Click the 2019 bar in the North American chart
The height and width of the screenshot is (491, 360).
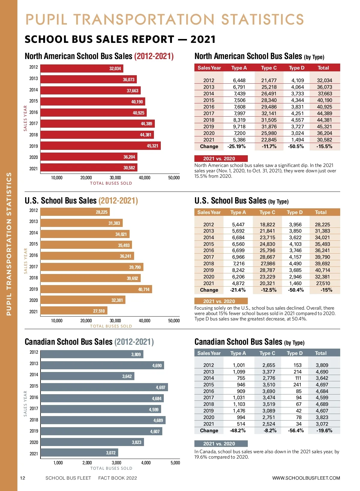click(x=100, y=146)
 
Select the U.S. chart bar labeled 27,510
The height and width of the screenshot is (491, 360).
click(x=74, y=311)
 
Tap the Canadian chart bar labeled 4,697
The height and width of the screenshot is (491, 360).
click(x=104, y=387)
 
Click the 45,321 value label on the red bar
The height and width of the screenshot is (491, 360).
click(x=152, y=146)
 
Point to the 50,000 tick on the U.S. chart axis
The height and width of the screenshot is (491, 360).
click(x=174, y=321)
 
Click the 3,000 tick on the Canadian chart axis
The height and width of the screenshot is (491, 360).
click(x=116, y=463)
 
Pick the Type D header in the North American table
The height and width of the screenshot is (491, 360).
click(x=296, y=68)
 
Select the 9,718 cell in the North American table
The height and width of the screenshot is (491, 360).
click(x=239, y=126)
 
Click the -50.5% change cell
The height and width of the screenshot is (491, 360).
click(x=296, y=146)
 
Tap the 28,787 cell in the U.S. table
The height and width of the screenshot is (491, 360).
click(x=267, y=270)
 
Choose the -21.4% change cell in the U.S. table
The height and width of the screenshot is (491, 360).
click(x=238, y=290)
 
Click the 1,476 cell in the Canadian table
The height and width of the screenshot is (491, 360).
click(x=239, y=411)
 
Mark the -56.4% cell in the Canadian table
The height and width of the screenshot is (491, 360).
click(x=296, y=430)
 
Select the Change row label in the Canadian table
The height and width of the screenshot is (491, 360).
click(x=209, y=430)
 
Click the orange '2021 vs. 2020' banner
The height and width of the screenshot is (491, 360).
click(x=221, y=301)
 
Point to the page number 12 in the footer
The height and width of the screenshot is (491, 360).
click(x=23, y=478)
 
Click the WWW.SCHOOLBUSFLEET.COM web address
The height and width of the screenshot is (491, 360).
click(x=306, y=478)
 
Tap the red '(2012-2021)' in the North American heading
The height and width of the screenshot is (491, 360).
click(x=154, y=56)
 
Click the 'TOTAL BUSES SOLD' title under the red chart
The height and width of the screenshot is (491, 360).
click(x=111, y=183)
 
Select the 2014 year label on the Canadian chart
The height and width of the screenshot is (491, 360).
click(x=34, y=375)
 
